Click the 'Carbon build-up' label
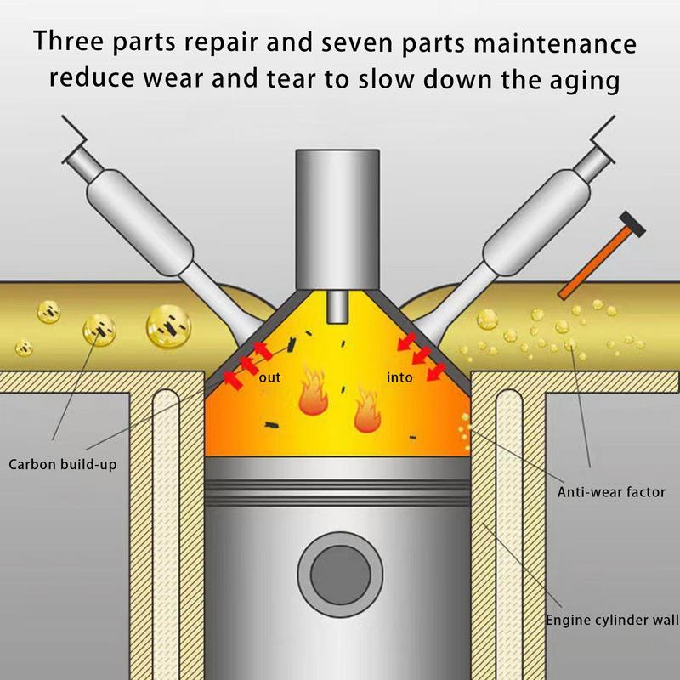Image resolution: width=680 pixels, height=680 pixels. pos(61,464)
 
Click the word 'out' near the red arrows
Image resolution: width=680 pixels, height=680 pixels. pos(270,377)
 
